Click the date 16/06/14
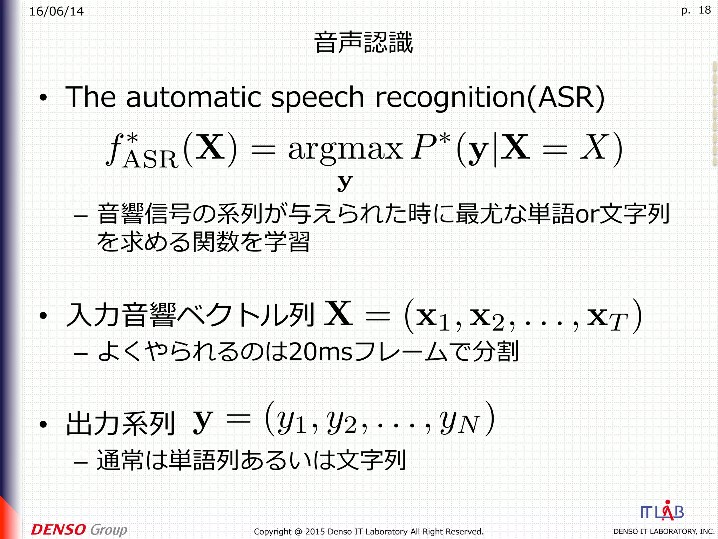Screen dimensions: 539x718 pos(56,12)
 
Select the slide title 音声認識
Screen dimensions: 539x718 pos(364,42)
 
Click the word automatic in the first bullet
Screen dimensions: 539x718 pos(193,97)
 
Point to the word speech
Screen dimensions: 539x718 pos(318,98)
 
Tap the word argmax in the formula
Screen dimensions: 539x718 pos(345,149)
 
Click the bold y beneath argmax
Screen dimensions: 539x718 pos(345,182)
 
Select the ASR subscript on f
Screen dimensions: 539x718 pos(151,160)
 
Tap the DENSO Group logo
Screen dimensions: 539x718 pos(79,530)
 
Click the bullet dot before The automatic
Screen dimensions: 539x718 pos(43,98)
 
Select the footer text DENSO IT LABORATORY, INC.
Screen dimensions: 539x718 pos(663,532)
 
